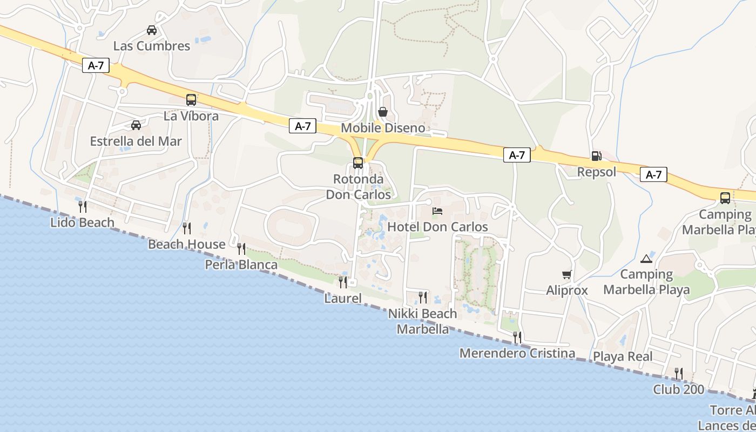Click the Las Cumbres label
(152, 46)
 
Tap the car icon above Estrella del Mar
(136, 125)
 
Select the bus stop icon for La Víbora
(191, 100)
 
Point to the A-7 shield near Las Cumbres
(96, 66)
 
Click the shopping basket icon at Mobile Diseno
(383, 112)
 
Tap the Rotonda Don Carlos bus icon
(357, 163)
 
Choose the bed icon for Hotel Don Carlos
(437, 211)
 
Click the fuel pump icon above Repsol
(596, 156)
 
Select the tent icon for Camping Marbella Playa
(646, 259)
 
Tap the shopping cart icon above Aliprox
(566, 275)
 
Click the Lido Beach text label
(82, 222)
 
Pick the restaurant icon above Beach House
(186, 228)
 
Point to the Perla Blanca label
(241, 265)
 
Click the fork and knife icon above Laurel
(342, 282)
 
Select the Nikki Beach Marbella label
(423, 321)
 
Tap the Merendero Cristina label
(517, 354)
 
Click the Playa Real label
(623, 356)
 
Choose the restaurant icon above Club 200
(678, 373)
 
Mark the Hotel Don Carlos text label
(437, 227)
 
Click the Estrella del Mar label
(136, 141)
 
